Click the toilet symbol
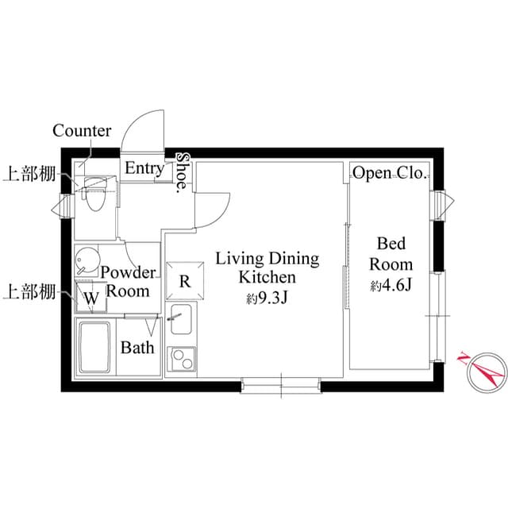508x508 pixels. [94, 194]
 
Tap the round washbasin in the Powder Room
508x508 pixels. [87, 260]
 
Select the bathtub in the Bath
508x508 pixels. [94, 348]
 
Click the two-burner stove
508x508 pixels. [182, 359]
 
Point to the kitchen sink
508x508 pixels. [181, 319]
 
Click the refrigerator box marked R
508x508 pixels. [185, 280]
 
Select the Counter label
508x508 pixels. [82, 131]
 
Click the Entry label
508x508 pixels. [144, 168]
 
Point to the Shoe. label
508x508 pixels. [183, 173]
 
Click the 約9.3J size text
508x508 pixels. [267, 298]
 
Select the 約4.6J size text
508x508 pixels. [391, 286]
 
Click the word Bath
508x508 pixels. [137, 348]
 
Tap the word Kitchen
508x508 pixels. [267, 278]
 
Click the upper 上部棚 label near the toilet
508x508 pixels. [29, 175]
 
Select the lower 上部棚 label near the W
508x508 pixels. [29, 292]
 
